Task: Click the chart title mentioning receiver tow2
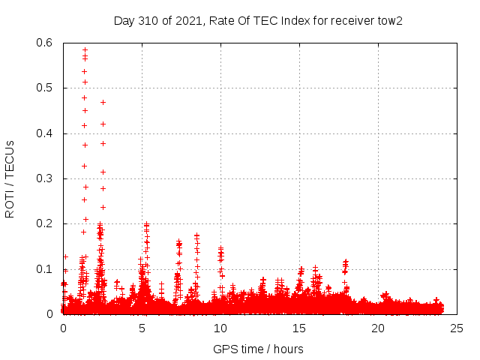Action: [258, 20]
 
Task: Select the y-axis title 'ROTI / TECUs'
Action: [10, 178]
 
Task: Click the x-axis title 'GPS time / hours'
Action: [258, 349]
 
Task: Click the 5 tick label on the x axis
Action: [142, 328]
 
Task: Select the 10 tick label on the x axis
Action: [220, 328]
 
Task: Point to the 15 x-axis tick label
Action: [299, 328]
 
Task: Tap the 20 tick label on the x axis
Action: [378, 328]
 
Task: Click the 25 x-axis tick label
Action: [457, 328]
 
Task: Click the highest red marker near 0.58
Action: [85, 50]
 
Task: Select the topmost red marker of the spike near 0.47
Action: [103, 102]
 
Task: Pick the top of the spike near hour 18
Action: [346, 262]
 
